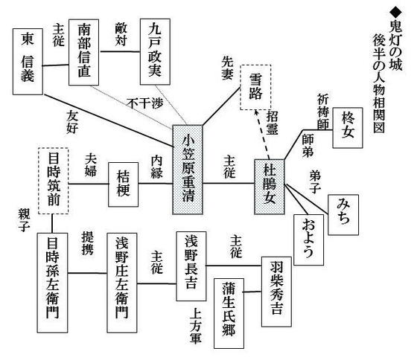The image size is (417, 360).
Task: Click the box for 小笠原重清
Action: [188, 170]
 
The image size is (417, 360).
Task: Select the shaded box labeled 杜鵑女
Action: [269, 187]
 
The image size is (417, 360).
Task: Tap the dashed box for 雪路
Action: [255, 87]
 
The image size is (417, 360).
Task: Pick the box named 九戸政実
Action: [155, 51]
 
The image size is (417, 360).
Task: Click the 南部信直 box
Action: [83, 52]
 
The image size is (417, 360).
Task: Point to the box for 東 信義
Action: [28, 62]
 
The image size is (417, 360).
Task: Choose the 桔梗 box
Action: [123, 184]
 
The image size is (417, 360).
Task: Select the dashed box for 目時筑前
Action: [54, 181]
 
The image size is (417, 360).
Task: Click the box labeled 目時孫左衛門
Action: [52, 283]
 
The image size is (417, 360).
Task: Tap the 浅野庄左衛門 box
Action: [122, 283]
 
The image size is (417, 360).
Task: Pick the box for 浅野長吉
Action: [191, 266]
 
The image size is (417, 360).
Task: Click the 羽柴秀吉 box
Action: [276, 292]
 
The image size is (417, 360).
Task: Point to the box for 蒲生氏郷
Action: [229, 313]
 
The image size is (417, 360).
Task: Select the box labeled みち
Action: [343, 215]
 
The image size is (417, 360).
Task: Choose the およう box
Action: [308, 240]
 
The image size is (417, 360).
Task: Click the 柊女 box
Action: [348, 128]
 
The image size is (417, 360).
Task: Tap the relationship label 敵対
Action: [121, 34]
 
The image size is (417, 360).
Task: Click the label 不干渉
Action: [144, 103]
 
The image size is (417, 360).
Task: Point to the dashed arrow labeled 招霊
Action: [262, 134]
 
